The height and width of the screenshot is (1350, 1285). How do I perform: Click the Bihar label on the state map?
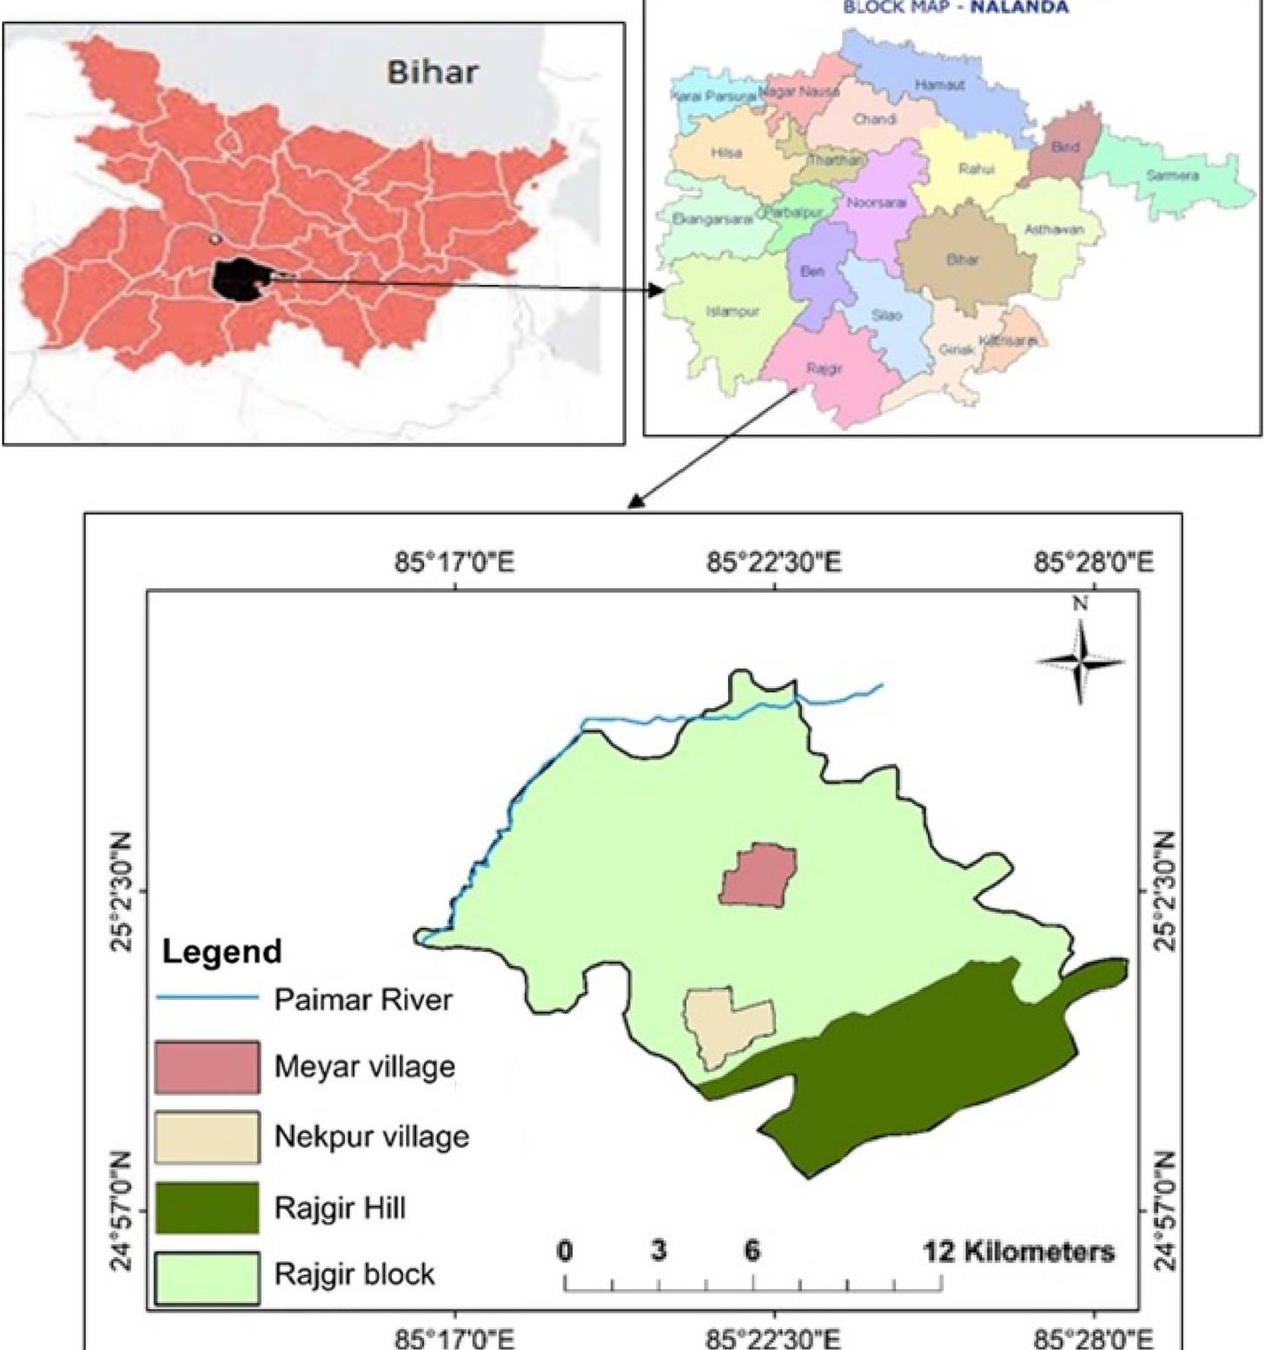pyautogui.click(x=432, y=71)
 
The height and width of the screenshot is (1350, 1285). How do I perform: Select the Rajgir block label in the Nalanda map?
pyautogui.click(x=824, y=369)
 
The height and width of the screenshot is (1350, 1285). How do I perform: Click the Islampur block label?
pyautogui.click(x=732, y=311)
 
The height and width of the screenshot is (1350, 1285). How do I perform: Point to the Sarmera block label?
pyautogui.click(x=1172, y=175)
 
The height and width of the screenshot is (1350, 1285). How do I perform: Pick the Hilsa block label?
pyautogui.click(x=726, y=153)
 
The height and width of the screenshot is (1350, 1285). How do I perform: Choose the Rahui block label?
pyautogui.click(x=977, y=169)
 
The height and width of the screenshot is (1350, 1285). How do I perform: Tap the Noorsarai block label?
pyautogui.click(x=876, y=202)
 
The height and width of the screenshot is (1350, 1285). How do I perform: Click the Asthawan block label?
pyautogui.click(x=1054, y=229)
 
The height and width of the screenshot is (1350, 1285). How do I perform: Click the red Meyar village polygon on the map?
pyautogui.click(x=758, y=876)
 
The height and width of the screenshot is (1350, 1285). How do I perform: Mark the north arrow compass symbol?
pyautogui.click(x=1080, y=660)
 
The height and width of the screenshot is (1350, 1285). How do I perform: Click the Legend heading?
pyautogui.click(x=222, y=951)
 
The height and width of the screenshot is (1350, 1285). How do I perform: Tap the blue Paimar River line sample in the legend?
pyautogui.click(x=207, y=998)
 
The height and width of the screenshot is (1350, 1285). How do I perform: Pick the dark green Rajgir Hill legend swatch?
pyautogui.click(x=207, y=1208)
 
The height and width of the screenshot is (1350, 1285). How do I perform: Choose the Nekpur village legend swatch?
pyautogui.click(x=207, y=1137)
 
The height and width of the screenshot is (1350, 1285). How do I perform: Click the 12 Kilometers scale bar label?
pyautogui.click(x=1018, y=1252)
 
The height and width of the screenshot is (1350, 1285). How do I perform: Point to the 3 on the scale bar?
pyautogui.click(x=659, y=1251)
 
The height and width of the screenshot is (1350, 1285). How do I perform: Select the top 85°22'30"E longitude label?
pyautogui.click(x=773, y=563)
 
